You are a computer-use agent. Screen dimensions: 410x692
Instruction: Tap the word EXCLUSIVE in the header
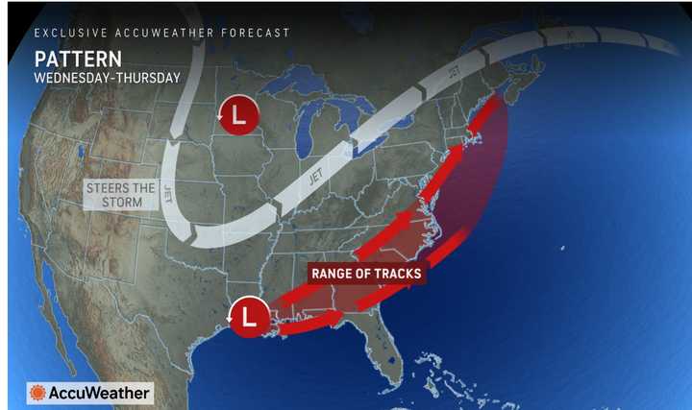pyautogui.click(x=68, y=33)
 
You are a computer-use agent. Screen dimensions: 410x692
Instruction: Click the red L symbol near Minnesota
pyautogui.click(x=239, y=116)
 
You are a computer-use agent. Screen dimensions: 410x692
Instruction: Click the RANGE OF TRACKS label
pyautogui.click(x=366, y=274)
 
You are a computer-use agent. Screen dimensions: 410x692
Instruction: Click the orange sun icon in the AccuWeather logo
pyautogui.click(x=37, y=393)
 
